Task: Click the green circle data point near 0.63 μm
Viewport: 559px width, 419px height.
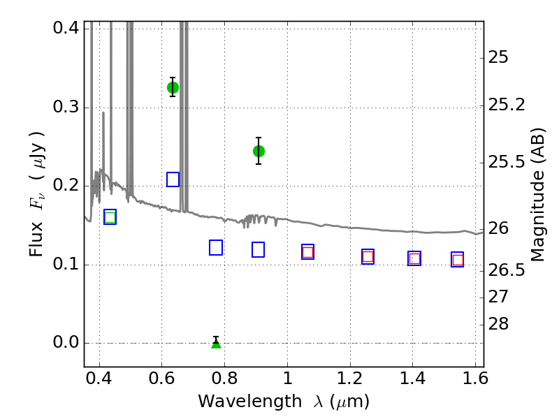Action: click(x=173, y=87)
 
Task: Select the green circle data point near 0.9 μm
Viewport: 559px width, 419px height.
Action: click(x=259, y=151)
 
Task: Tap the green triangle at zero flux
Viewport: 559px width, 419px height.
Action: click(x=216, y=343)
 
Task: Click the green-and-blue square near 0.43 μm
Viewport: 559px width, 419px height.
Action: click(x=110, y=217)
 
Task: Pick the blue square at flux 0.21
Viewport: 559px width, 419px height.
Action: click(x=173, y=179)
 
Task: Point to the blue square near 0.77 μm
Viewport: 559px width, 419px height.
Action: click(x=216, y=248)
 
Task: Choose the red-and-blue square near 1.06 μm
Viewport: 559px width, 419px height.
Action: click(x=307, y=252)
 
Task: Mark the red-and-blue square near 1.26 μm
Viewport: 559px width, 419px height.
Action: click(x=368, y=256)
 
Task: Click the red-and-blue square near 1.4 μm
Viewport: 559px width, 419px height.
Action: click(x=414, y=258)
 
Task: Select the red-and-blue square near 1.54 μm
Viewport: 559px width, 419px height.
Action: click(x=458, y=259)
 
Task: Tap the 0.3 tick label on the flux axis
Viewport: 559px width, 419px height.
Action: click(x=66, y=107)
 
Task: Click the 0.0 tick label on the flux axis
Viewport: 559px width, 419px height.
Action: click(x=66, y=342)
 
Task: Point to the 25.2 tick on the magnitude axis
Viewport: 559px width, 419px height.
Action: click(x=506, y=105)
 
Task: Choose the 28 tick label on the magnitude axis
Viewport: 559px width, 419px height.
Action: click(x=498, y=324)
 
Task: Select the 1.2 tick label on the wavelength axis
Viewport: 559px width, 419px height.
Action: click(x=350, y=378)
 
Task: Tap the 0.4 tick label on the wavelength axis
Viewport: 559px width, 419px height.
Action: click(x=99, y=378)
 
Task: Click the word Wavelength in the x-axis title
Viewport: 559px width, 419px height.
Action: click(x=250, y=402)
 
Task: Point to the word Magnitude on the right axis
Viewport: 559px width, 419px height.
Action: click(x=537, y=215)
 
